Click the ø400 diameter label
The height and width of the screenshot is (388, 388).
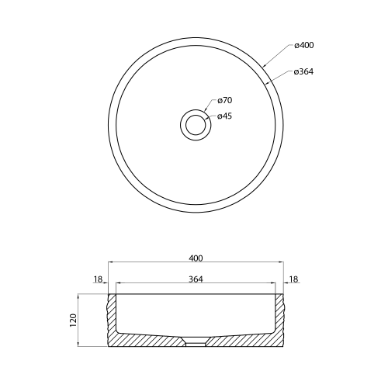pos(304,45)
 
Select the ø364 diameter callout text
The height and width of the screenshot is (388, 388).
pos(303,71)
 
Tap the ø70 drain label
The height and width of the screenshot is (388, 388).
pos(225,100)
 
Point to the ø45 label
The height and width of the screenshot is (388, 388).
pos(224,116)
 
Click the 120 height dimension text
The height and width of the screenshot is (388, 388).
pos(73,320)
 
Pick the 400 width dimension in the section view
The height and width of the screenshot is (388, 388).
pos(196,258)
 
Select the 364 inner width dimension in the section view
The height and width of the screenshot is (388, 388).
pos(196,279)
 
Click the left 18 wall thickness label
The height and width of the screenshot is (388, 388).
pos(98,279)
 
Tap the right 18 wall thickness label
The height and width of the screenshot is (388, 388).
pos(293,279)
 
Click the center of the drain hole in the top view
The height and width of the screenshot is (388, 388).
pos(196,125)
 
